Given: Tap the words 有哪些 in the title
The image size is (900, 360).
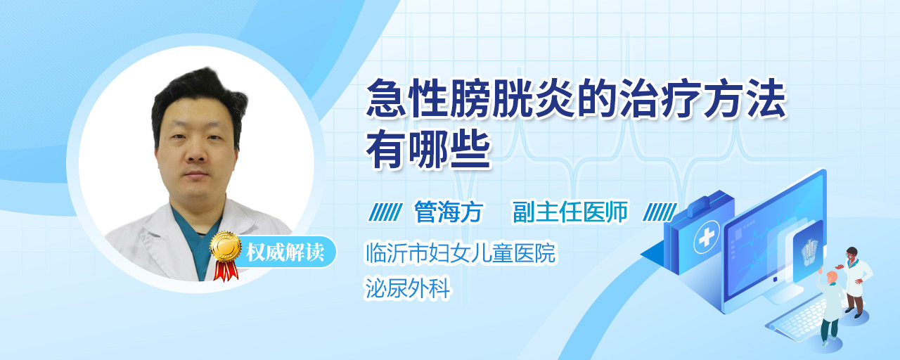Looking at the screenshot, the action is (428, 151).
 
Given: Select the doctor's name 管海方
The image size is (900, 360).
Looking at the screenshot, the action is (449, 212).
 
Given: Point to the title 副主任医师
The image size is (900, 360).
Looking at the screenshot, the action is (570, 212).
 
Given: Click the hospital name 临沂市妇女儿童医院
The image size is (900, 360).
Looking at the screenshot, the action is (461, 252).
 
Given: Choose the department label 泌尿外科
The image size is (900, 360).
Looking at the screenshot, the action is (407, 288).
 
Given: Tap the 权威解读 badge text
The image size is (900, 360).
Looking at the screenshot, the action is (285, 252).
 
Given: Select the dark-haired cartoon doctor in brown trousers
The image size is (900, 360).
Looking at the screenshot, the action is (855, 282).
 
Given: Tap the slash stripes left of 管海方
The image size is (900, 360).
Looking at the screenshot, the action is (385, 212).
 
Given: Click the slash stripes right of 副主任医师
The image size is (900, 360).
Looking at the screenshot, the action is (660, 212).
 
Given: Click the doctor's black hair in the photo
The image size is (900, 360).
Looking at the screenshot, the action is (199, 96).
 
